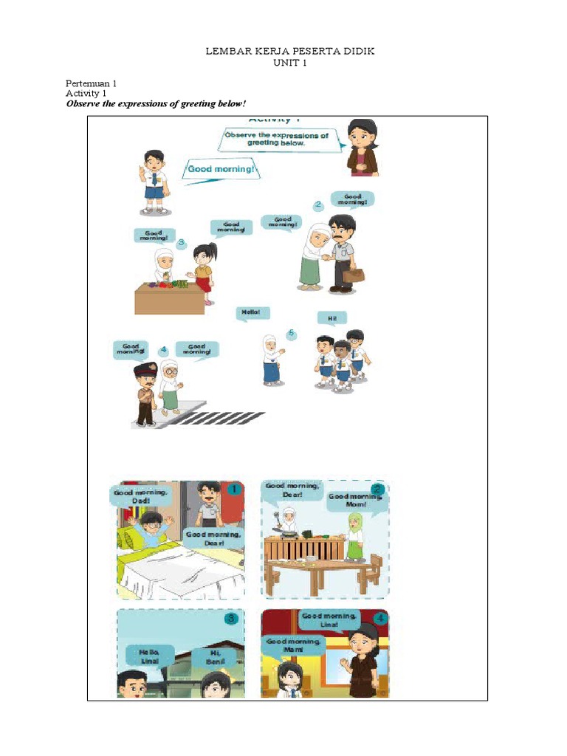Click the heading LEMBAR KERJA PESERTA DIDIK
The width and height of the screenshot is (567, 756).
point(283,51)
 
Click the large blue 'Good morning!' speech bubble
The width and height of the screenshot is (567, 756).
point(223,169)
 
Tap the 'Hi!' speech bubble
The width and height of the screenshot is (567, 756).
point(331,318)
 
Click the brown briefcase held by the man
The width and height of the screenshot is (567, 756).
point(353,275)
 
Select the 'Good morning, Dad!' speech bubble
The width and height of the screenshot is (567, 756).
point(141,495)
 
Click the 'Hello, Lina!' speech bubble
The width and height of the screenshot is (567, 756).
point(150,656)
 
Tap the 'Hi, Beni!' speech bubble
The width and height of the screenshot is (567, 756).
point(215,656)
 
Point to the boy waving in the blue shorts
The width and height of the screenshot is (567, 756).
point(154,182)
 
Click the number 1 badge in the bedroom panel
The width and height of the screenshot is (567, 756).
point(234,489)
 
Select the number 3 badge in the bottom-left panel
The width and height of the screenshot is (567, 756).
point(231,619)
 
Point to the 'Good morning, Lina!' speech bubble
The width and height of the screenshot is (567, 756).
point(329,619)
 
